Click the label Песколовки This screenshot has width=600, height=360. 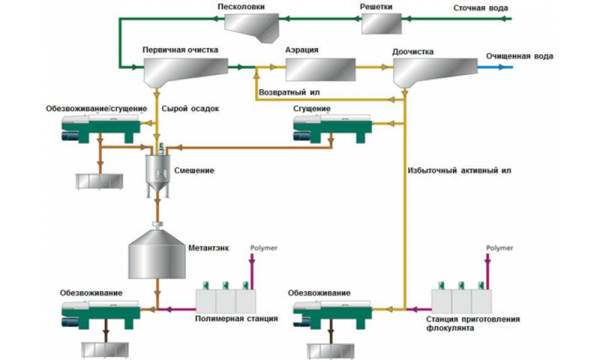pyautogui.click(x=238, y=7)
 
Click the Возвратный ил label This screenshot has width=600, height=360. pyautogui.click(x=289, y=92)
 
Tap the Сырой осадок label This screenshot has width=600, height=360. pyautogui.click(x=190, y=108)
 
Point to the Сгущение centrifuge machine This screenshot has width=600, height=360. pyautogui.click(x=328, y=128)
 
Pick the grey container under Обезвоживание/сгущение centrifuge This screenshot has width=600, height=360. pyautogui.click(x=99, y=180)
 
